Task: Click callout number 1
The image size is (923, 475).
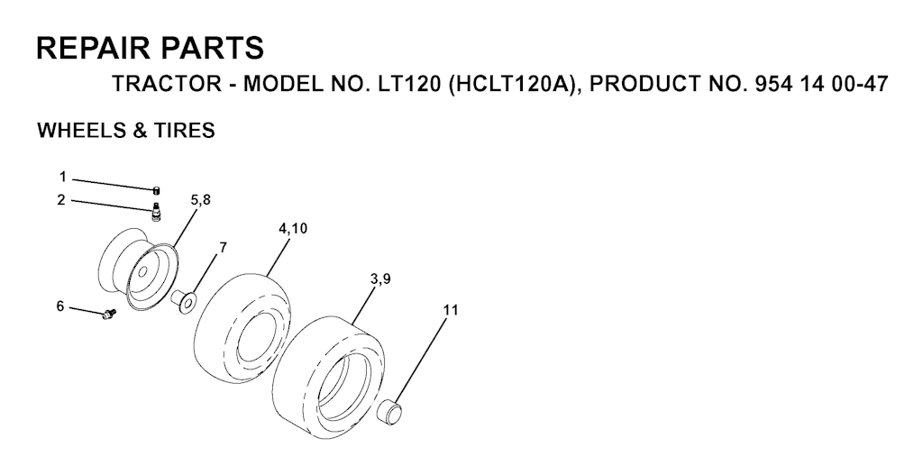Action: pos(63,177)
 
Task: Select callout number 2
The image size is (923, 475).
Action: pos(61,200)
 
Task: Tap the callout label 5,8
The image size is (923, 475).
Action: pos(200,201)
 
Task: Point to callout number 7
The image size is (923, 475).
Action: pos(223,247)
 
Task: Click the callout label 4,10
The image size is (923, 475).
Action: pos(293,229)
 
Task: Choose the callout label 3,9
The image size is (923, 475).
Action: pos(380,280)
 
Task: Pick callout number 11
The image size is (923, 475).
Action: pos(451,310)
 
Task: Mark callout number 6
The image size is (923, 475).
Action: pos(60,306)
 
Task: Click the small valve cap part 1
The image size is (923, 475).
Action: pos(157,189)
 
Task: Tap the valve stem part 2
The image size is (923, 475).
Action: pos(156,211)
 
